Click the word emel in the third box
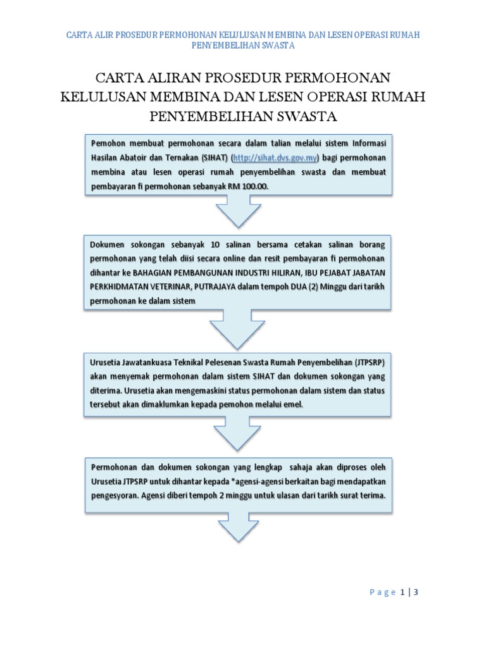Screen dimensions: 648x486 (293, 404)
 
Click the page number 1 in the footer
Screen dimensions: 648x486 (402, 592)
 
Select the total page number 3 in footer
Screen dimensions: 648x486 (417, 592)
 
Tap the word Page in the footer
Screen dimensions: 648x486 (382, 592)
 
